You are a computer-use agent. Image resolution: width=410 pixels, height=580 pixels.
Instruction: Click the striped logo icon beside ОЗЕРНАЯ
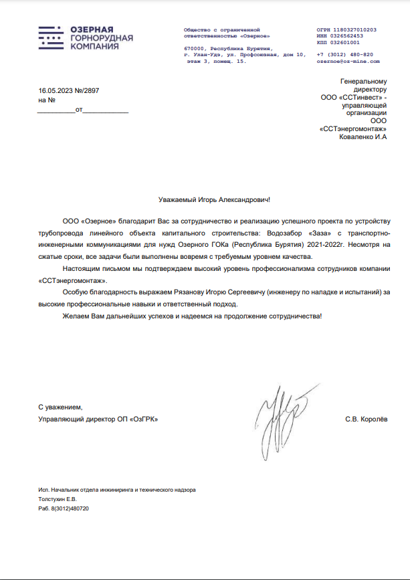tap(52, 39)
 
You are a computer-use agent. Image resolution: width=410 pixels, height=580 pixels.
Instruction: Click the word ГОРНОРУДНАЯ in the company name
tap(102, 39)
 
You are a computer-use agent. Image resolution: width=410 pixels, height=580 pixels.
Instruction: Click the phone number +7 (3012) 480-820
tap(344, 54)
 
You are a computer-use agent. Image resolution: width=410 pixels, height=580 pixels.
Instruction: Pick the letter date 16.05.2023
tap(56, 90)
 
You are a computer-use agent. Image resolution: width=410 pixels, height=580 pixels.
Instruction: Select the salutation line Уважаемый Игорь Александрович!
tap(215, 199)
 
